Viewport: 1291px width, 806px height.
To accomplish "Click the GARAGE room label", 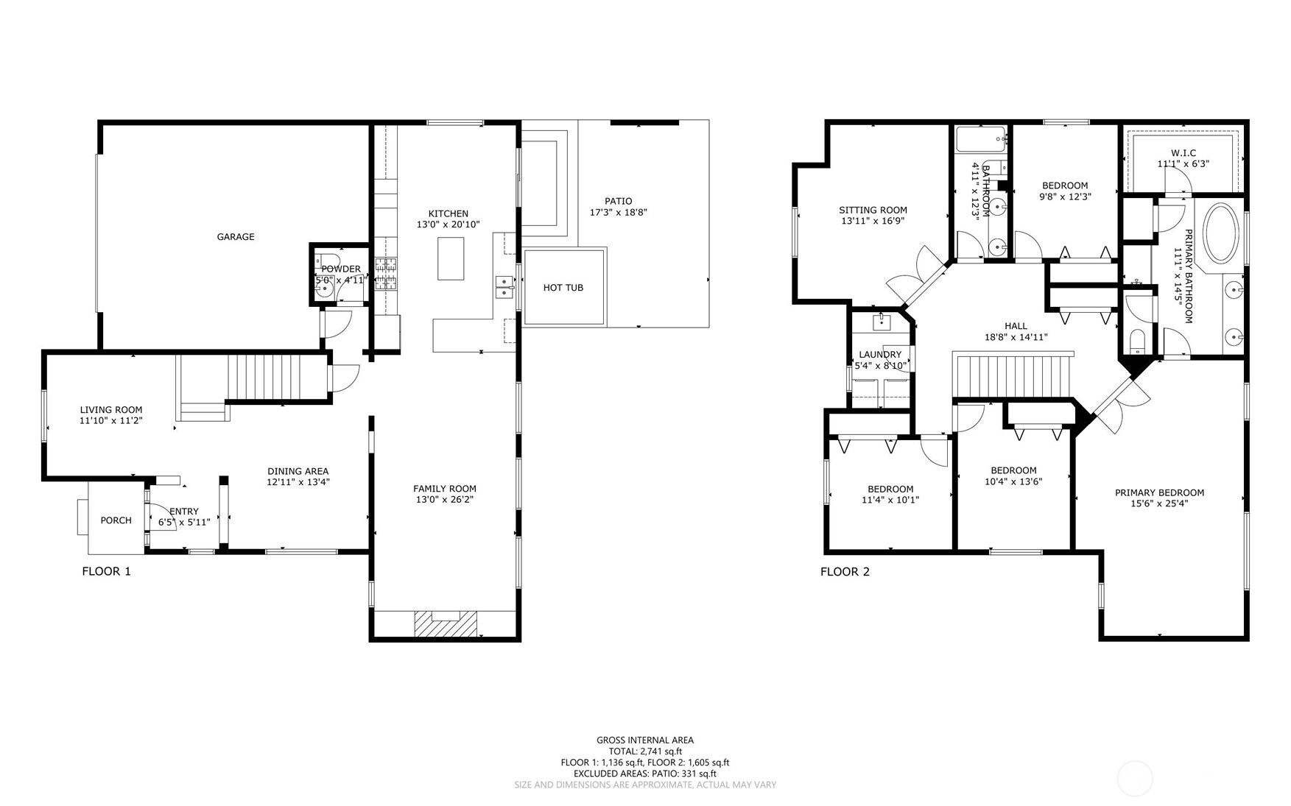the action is (x=236, y=237).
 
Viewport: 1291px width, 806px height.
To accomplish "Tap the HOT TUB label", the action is (x=563, y=288).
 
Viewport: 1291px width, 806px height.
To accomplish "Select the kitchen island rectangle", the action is (x=451, y=258).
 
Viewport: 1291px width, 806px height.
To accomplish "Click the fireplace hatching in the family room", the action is (x=446, y=624).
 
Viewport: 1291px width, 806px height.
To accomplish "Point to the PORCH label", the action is (x=116, y=520).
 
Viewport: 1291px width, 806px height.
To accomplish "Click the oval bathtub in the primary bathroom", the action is (x=1222, y=233).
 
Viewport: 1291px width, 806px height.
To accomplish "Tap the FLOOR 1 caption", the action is (x=106, y=571).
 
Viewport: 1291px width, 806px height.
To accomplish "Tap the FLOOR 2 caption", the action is (x=845, y=571).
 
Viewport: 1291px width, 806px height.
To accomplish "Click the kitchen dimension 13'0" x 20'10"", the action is (x=448, y=225).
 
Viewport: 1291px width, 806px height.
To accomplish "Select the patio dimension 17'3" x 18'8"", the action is (x=619, y=212).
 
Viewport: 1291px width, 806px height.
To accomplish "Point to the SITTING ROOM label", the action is (x=873, y=211).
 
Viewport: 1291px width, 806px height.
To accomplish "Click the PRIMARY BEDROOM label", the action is (x=1159, y=493).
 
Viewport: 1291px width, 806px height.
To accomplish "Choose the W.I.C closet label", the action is (x=1183, y=153).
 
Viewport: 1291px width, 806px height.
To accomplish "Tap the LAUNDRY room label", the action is (x=880, y=355).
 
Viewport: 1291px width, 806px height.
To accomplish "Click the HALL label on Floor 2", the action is (x=1016, y=326).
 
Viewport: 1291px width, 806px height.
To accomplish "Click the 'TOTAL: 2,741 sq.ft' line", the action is (x=645, y=752).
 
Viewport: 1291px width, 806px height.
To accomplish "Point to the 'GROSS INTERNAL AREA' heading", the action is (x=645, y=740).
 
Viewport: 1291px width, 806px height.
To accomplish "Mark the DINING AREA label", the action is (x=298, y=472).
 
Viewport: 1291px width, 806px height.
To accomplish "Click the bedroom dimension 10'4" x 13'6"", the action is (x=1013, y=482).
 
